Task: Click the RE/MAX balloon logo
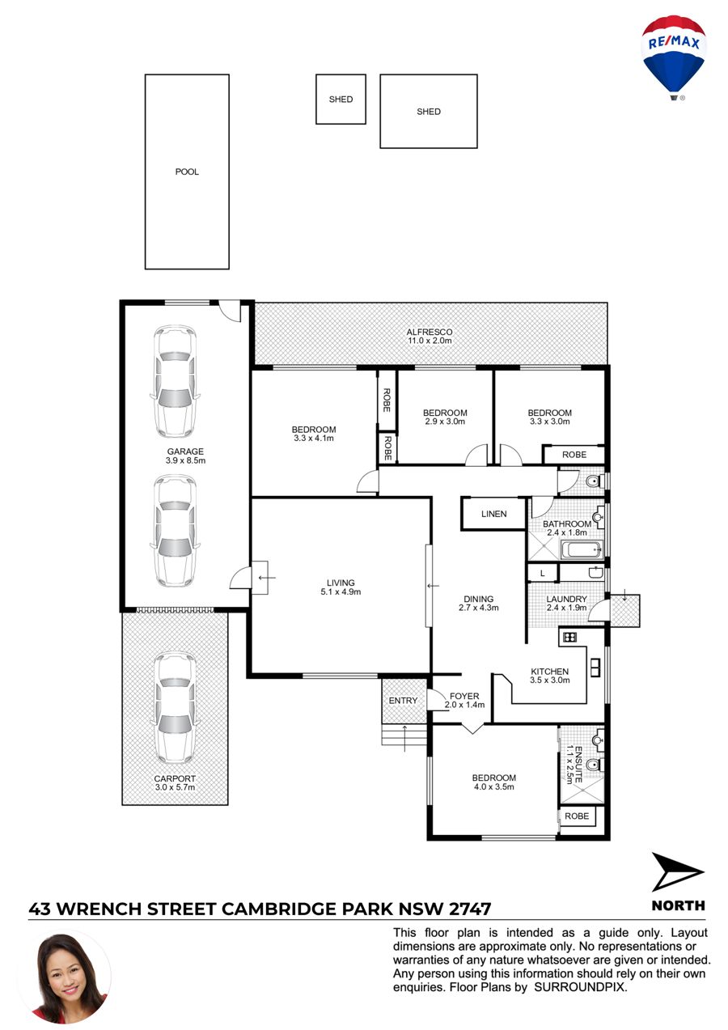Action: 673,58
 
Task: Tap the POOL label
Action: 187,172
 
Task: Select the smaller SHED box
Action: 341,99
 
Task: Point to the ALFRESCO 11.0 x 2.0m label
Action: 430,336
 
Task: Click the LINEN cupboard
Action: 493,514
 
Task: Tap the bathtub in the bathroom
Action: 582,549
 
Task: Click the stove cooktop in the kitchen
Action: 570,637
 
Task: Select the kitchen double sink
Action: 595,668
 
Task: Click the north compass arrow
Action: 675,872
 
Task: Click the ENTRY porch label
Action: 403,701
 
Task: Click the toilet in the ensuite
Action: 595,765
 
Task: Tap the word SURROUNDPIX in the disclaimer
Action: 580,987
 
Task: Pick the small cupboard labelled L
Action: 542,574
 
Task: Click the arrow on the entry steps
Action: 404,739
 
